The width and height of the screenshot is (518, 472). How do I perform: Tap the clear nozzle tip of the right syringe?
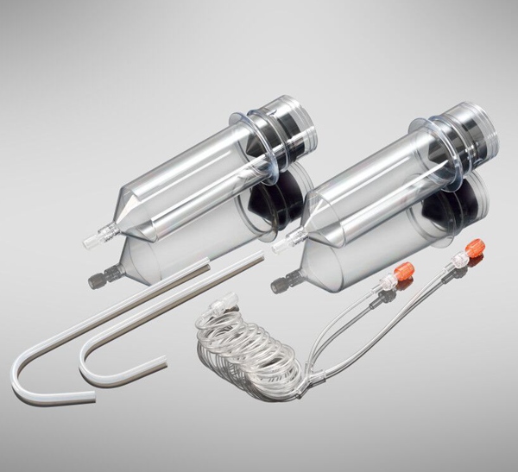(279, 246)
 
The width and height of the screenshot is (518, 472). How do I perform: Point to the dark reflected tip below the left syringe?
(97, 279)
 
